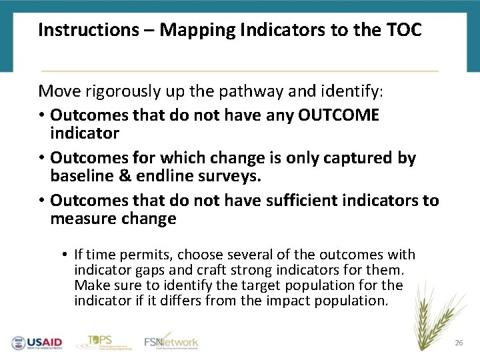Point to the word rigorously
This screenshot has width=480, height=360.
pyautogui.click(x=120, y=90)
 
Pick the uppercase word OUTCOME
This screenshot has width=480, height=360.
pyautogui.click(x=338, y=115)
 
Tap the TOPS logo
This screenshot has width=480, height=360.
pyautogui.click(x=99, y=341)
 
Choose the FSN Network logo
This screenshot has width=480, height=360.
pyautogui.click(x=171, y=341)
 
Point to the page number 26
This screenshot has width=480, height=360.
pyautogui.click(x=458, y=343)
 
